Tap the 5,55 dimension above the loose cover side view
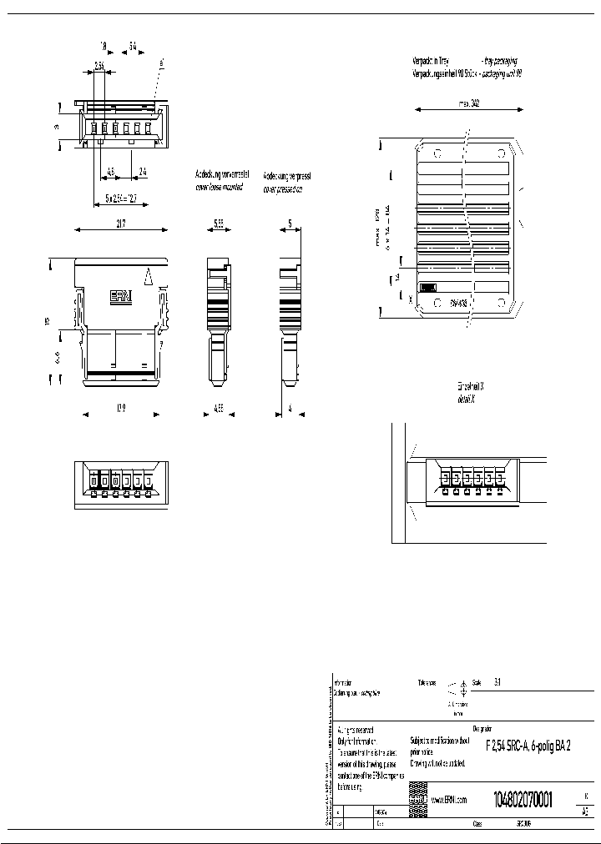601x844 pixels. (x=218, y=224)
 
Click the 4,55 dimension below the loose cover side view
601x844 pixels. (x=218, y=409)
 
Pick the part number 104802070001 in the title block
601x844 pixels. (x=522, y=797)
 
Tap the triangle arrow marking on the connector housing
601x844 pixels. (x=148, y=275)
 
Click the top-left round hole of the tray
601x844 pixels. (x=437, y=153)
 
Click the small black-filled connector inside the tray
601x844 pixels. (x=427, y=287)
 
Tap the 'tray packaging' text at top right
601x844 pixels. (x=499, y=61)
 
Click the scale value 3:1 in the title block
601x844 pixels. (x=497, y=681)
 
